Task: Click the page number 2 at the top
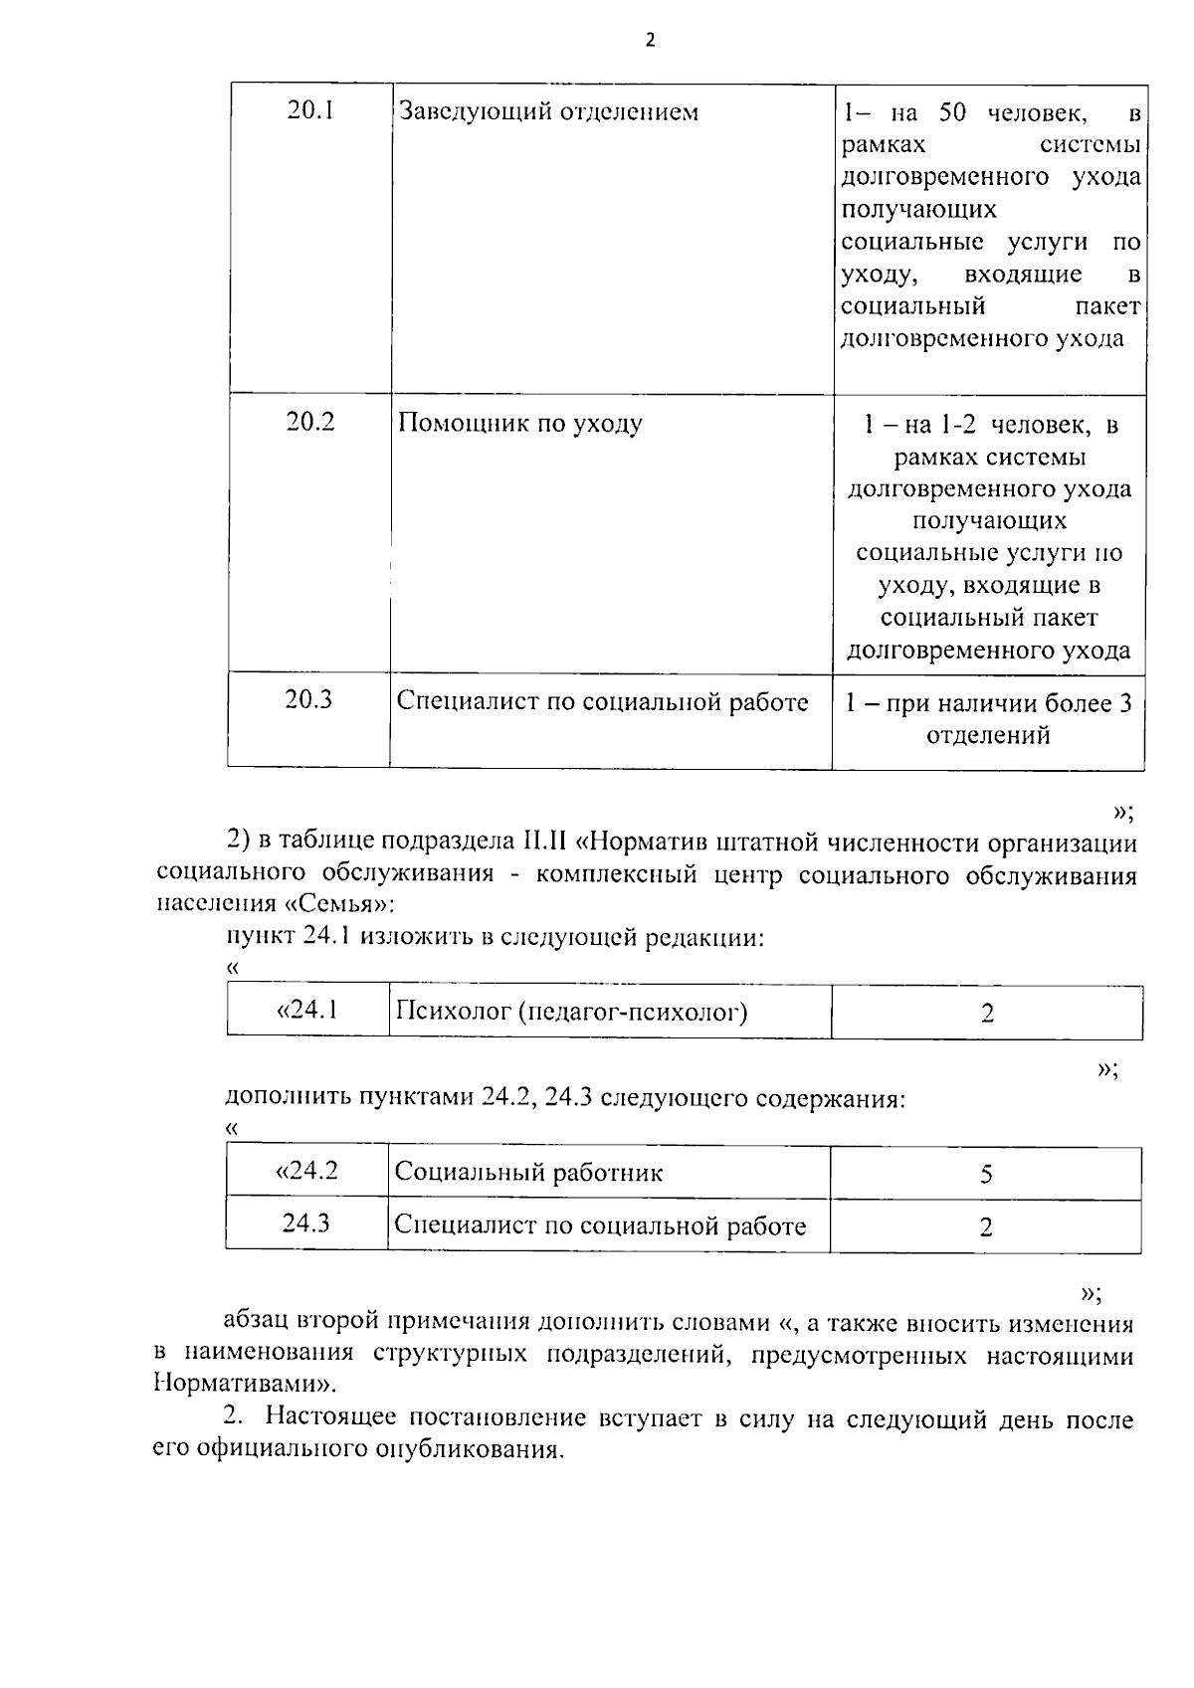(651, 41)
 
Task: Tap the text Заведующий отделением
(548, 111)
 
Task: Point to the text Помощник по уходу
(519, 424)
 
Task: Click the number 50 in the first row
(953, 112)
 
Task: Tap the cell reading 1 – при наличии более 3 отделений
(988, 719)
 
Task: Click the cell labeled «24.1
(306, 1011)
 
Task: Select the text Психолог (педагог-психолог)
(571, 1013)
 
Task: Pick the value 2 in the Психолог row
(987, 1014)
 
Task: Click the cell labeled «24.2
(306, 1171)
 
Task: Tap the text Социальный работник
(528, 1173)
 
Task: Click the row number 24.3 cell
(306, 1223)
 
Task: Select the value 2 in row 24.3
(986, 1226)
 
